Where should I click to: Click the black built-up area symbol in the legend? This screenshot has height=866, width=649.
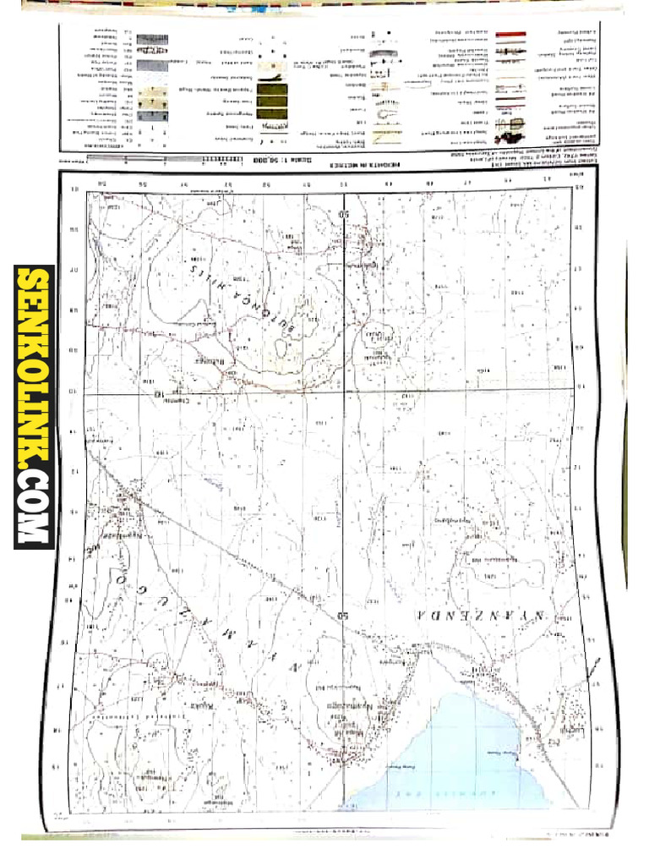(x=515, y=127)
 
